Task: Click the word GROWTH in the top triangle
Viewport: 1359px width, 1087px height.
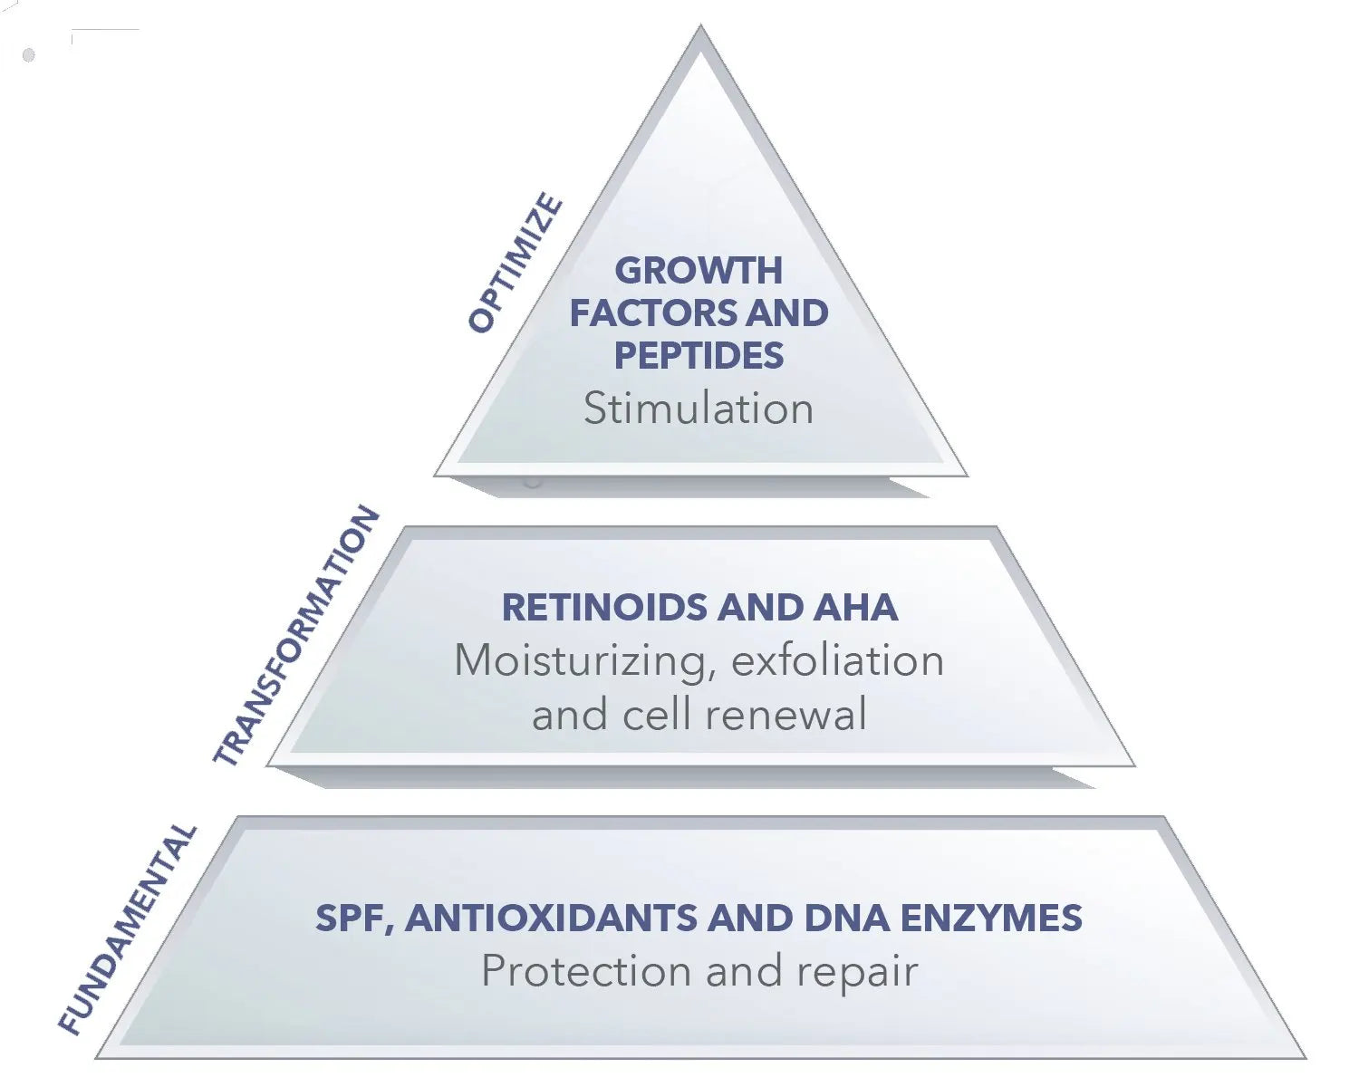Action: [x=699, y=270]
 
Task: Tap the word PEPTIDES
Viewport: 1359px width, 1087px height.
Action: [x=699, y=355]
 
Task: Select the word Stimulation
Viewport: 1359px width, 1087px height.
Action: [x=699, y=409]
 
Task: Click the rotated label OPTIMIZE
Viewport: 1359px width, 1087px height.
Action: [x=516, y=263]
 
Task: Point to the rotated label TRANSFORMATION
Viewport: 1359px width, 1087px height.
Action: [x=296, y=636]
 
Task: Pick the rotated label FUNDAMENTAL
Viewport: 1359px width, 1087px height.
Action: [x=128, y=928]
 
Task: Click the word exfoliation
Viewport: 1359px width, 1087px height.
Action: [x=838, y=661]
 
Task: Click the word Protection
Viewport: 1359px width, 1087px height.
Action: [x=587, y=972]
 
